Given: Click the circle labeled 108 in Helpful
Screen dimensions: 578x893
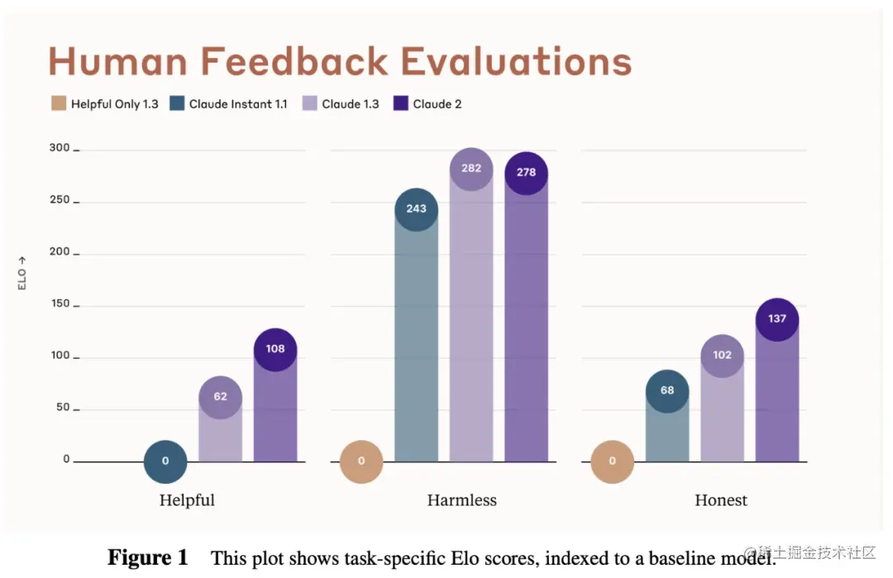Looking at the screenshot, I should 275,349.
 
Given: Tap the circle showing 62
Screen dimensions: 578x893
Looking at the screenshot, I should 220,397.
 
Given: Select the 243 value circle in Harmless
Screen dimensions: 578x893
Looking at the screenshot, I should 416,209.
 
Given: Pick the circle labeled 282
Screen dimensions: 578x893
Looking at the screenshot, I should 471,169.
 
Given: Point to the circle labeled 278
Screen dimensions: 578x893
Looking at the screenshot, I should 526,173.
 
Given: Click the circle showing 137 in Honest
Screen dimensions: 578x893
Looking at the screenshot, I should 777,319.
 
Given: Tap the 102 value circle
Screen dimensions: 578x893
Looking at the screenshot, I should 722,356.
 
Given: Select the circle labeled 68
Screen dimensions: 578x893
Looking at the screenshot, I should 667,390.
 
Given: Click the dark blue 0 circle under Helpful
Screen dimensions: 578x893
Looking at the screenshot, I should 165,461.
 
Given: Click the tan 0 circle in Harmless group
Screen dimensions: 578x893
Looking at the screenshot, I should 361,461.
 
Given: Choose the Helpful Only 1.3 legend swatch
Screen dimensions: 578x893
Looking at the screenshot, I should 58,104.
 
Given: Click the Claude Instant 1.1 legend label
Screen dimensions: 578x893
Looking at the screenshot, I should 238,104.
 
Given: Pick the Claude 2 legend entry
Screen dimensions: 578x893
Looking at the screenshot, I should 437,104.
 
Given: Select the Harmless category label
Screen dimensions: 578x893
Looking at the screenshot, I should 462,500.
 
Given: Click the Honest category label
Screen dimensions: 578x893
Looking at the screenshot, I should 721,500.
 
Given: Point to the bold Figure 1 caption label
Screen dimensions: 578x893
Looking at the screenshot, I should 148,558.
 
